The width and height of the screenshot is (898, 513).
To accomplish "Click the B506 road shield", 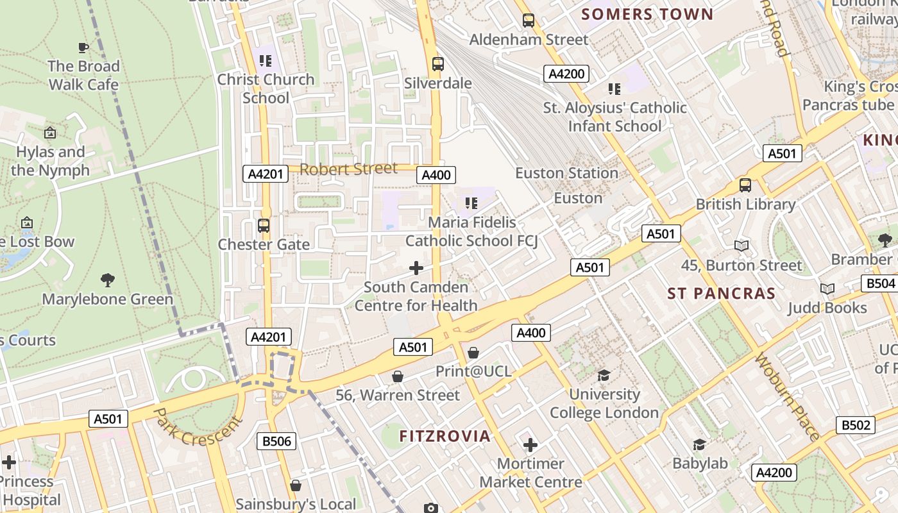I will pyautogui.click(x=277, y=441).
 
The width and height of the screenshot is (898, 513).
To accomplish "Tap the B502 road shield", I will pyautogui.click(x=856, y=425).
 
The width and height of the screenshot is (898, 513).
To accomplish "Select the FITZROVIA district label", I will pyautogui.click(x=445, y=436).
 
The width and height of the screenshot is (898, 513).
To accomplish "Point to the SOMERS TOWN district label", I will pyautogui.click(x=647, y=14).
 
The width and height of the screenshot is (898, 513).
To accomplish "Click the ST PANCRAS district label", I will pyautogui.click(x=722, y=294).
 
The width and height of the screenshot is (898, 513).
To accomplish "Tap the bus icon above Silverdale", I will pyautogui.click(x=438, y=64).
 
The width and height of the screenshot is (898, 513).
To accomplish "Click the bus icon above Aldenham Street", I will pyautogui.click(x=528, y=21).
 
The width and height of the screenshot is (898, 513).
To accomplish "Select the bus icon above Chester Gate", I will pyautogui.click(x=264, y=226).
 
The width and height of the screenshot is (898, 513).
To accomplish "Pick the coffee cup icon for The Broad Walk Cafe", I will pyautogui.click(x=83, y=47).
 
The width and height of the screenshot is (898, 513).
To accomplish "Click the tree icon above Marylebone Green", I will pyautogui.click(x=108, y=280).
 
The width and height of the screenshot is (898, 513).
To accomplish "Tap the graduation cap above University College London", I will pyautogui.click(x=604, y=375).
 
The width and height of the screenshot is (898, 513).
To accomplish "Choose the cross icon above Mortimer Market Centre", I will pyautogui.click(x=530, y=444).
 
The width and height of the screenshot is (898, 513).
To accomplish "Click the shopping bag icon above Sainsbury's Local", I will pyautogui.click(x=296, y=485).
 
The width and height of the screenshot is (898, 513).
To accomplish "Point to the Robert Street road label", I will pyautogui.click(x=348, y=169).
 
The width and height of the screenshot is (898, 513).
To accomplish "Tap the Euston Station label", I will pyautogui.click(x=567, y=173).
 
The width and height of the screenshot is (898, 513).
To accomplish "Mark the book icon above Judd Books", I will pyautogui.click(x=827, y=289).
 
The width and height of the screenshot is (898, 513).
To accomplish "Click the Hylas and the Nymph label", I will pyautogui.click(x=50, y=161).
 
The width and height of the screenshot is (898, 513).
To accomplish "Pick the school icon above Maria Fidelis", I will pyautogui.click(x=471, y=203).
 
